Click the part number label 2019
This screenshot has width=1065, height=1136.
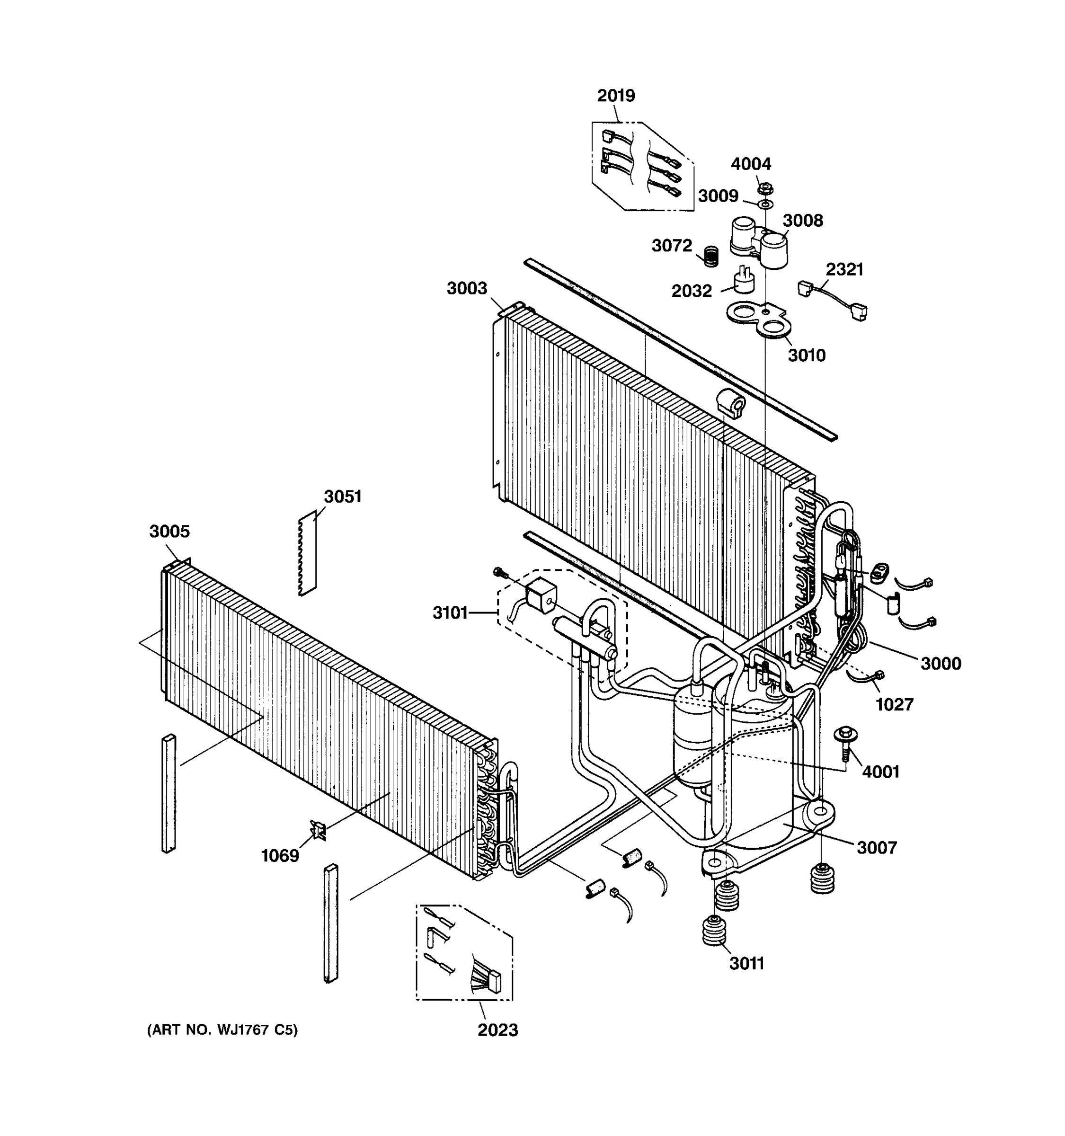[615, 96]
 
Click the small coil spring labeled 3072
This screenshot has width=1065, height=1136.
[710, 256]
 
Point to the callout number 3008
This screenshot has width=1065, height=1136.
[802, 221]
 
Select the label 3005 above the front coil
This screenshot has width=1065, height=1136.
[169, 532]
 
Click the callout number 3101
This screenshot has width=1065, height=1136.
[450, 613]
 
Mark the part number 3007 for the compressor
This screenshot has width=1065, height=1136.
[877, 847]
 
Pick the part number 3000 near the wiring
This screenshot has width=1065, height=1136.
[941, 664]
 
